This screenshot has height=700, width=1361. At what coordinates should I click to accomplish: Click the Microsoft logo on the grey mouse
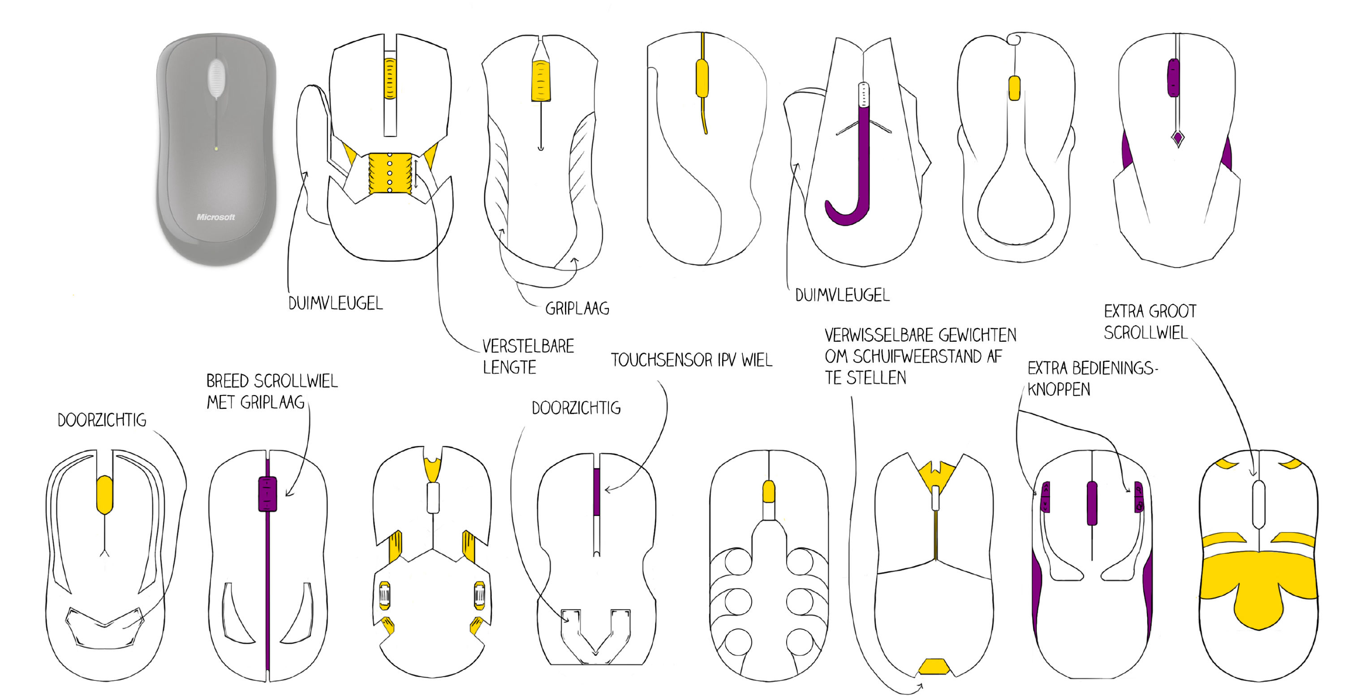[x=215, y=217]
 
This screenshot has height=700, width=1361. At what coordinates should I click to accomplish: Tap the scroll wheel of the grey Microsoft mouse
[x=216, y=78]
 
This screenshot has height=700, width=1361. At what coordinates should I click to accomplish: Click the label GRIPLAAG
[x=577, y=309]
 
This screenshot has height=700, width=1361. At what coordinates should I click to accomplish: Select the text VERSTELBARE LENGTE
[x=528, y=356]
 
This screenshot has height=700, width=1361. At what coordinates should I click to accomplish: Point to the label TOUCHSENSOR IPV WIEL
[x=692, y=361]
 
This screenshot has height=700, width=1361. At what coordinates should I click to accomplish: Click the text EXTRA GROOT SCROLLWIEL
[x=1150, y=322]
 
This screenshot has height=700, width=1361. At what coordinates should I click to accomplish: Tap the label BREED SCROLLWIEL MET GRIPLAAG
[x=271, y=391]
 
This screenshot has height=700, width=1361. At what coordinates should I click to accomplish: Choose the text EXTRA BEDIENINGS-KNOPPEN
[x=1092, y=378]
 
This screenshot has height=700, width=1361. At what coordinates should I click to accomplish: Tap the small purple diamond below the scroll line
[x=1178, y=138]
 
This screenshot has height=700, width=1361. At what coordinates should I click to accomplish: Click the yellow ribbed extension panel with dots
[x=390, y=173]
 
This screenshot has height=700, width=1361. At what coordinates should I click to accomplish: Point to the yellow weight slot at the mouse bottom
[x=934, y=667]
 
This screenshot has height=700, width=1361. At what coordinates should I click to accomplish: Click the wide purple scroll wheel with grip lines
[x=267, y=494]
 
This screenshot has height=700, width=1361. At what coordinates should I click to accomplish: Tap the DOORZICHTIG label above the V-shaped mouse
[x=576, y=408]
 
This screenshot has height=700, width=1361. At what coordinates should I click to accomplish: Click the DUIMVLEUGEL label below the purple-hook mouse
[x=842, y=295]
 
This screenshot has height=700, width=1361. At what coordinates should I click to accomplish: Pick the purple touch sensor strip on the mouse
[x=596, y=492]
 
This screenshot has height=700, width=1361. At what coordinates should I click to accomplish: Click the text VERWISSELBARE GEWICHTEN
[x=920, y=335]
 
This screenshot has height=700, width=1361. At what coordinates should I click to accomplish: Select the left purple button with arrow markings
[x=1045, y=497]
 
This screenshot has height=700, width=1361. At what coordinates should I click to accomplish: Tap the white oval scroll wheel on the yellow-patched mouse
[x=1258, y=505]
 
